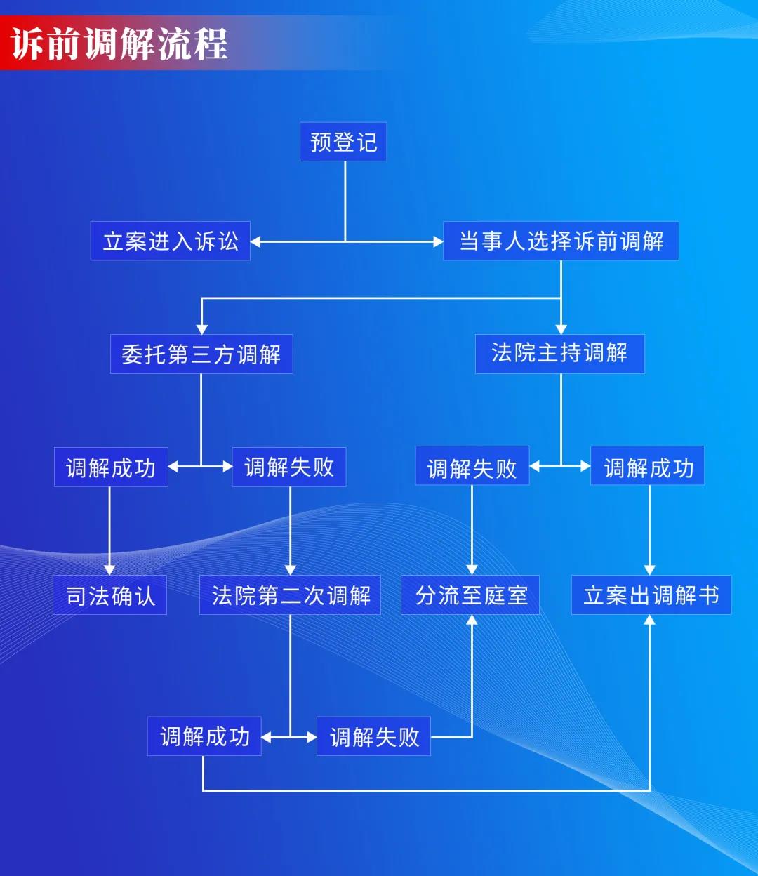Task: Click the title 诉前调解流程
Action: pos(119,44)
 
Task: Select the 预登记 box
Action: pos(343,142)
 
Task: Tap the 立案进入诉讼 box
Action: pos(171,241)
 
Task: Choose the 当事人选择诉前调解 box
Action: pos(561,241)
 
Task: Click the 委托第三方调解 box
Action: pos(201,354)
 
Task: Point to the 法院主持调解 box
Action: pos(559,353)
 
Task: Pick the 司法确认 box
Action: pos(110,596)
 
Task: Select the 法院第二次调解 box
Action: pos(290,596)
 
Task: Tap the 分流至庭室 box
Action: pos(470,596)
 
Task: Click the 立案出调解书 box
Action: pos(651,596)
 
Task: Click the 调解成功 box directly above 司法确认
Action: pos(111,467)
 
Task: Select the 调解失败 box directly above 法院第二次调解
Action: pos(289,467)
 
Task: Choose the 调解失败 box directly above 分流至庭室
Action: pos(472,467)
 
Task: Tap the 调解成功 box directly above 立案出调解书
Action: pos(648,467)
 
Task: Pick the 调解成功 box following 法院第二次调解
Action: pos(204,736)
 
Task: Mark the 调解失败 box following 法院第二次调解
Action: pos(373,736)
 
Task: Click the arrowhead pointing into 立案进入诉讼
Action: pos(256,241)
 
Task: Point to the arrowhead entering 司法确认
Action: pos(109,569)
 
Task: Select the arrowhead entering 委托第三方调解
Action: pos(202,329)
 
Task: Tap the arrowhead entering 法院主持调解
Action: pos(561,329)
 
